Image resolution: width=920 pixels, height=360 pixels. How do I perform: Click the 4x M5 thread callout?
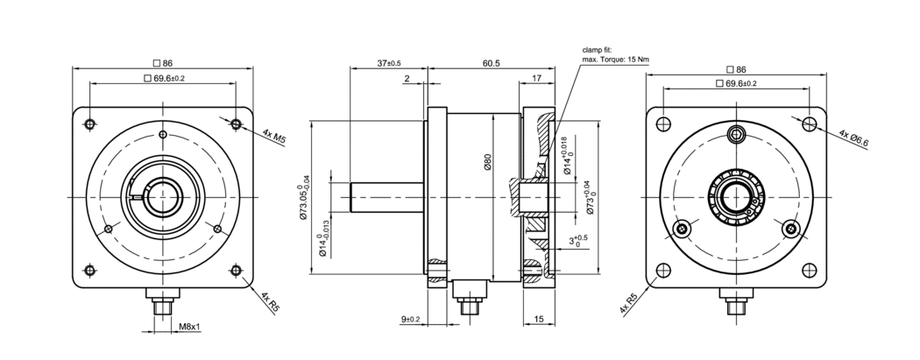tap(274, 137)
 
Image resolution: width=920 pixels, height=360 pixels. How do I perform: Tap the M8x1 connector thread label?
tap(190, 327)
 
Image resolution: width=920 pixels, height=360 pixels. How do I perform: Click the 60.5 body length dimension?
tap(491, 63)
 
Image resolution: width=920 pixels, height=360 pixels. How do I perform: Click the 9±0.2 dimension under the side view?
tap(411, 319)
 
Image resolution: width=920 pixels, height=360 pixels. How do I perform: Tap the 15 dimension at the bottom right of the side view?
tap(538, 319)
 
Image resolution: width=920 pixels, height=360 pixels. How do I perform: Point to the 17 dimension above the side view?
tap(538, 79)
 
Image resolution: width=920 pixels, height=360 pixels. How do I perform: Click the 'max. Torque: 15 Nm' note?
tap(616, 60)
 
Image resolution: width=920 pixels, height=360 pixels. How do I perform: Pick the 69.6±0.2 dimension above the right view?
tap(737, 82)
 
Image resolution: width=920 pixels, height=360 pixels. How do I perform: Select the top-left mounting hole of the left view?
tap(89, 124)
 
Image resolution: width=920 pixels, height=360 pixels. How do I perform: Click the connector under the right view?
tap(737, 307)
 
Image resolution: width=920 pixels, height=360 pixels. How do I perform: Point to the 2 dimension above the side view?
tap(407, 79)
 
